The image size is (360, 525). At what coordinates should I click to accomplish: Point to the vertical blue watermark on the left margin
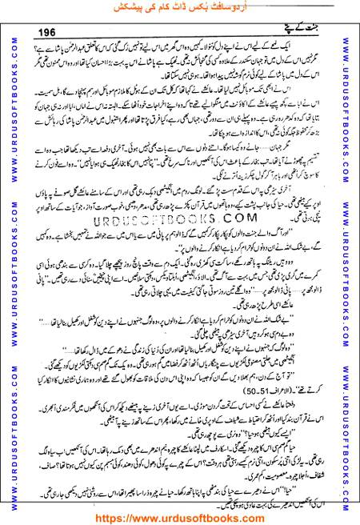[x=10, y=264]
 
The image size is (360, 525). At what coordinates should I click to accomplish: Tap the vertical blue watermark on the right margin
[x=349, y=264]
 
